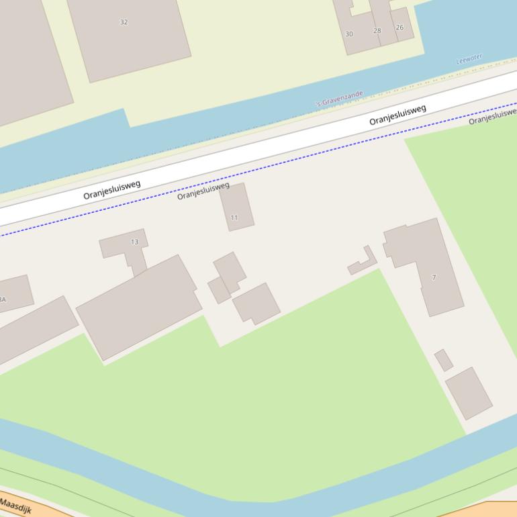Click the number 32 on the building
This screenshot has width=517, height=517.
coord(124,22)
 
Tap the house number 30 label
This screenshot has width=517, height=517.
coord(349,34)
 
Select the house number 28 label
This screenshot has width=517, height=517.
coord(377,31)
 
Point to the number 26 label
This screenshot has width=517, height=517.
coord(399,28)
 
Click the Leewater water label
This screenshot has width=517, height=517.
coord(469,60)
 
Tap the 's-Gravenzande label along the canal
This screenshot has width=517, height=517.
coord(340,99)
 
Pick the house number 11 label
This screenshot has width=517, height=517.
coord(234,218)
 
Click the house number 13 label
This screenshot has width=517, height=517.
coord(134,242)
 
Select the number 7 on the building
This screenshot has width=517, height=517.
coord(434,277)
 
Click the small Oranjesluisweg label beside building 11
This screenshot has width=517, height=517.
coord(203,191)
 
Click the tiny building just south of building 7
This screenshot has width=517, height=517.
coord(443,360)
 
